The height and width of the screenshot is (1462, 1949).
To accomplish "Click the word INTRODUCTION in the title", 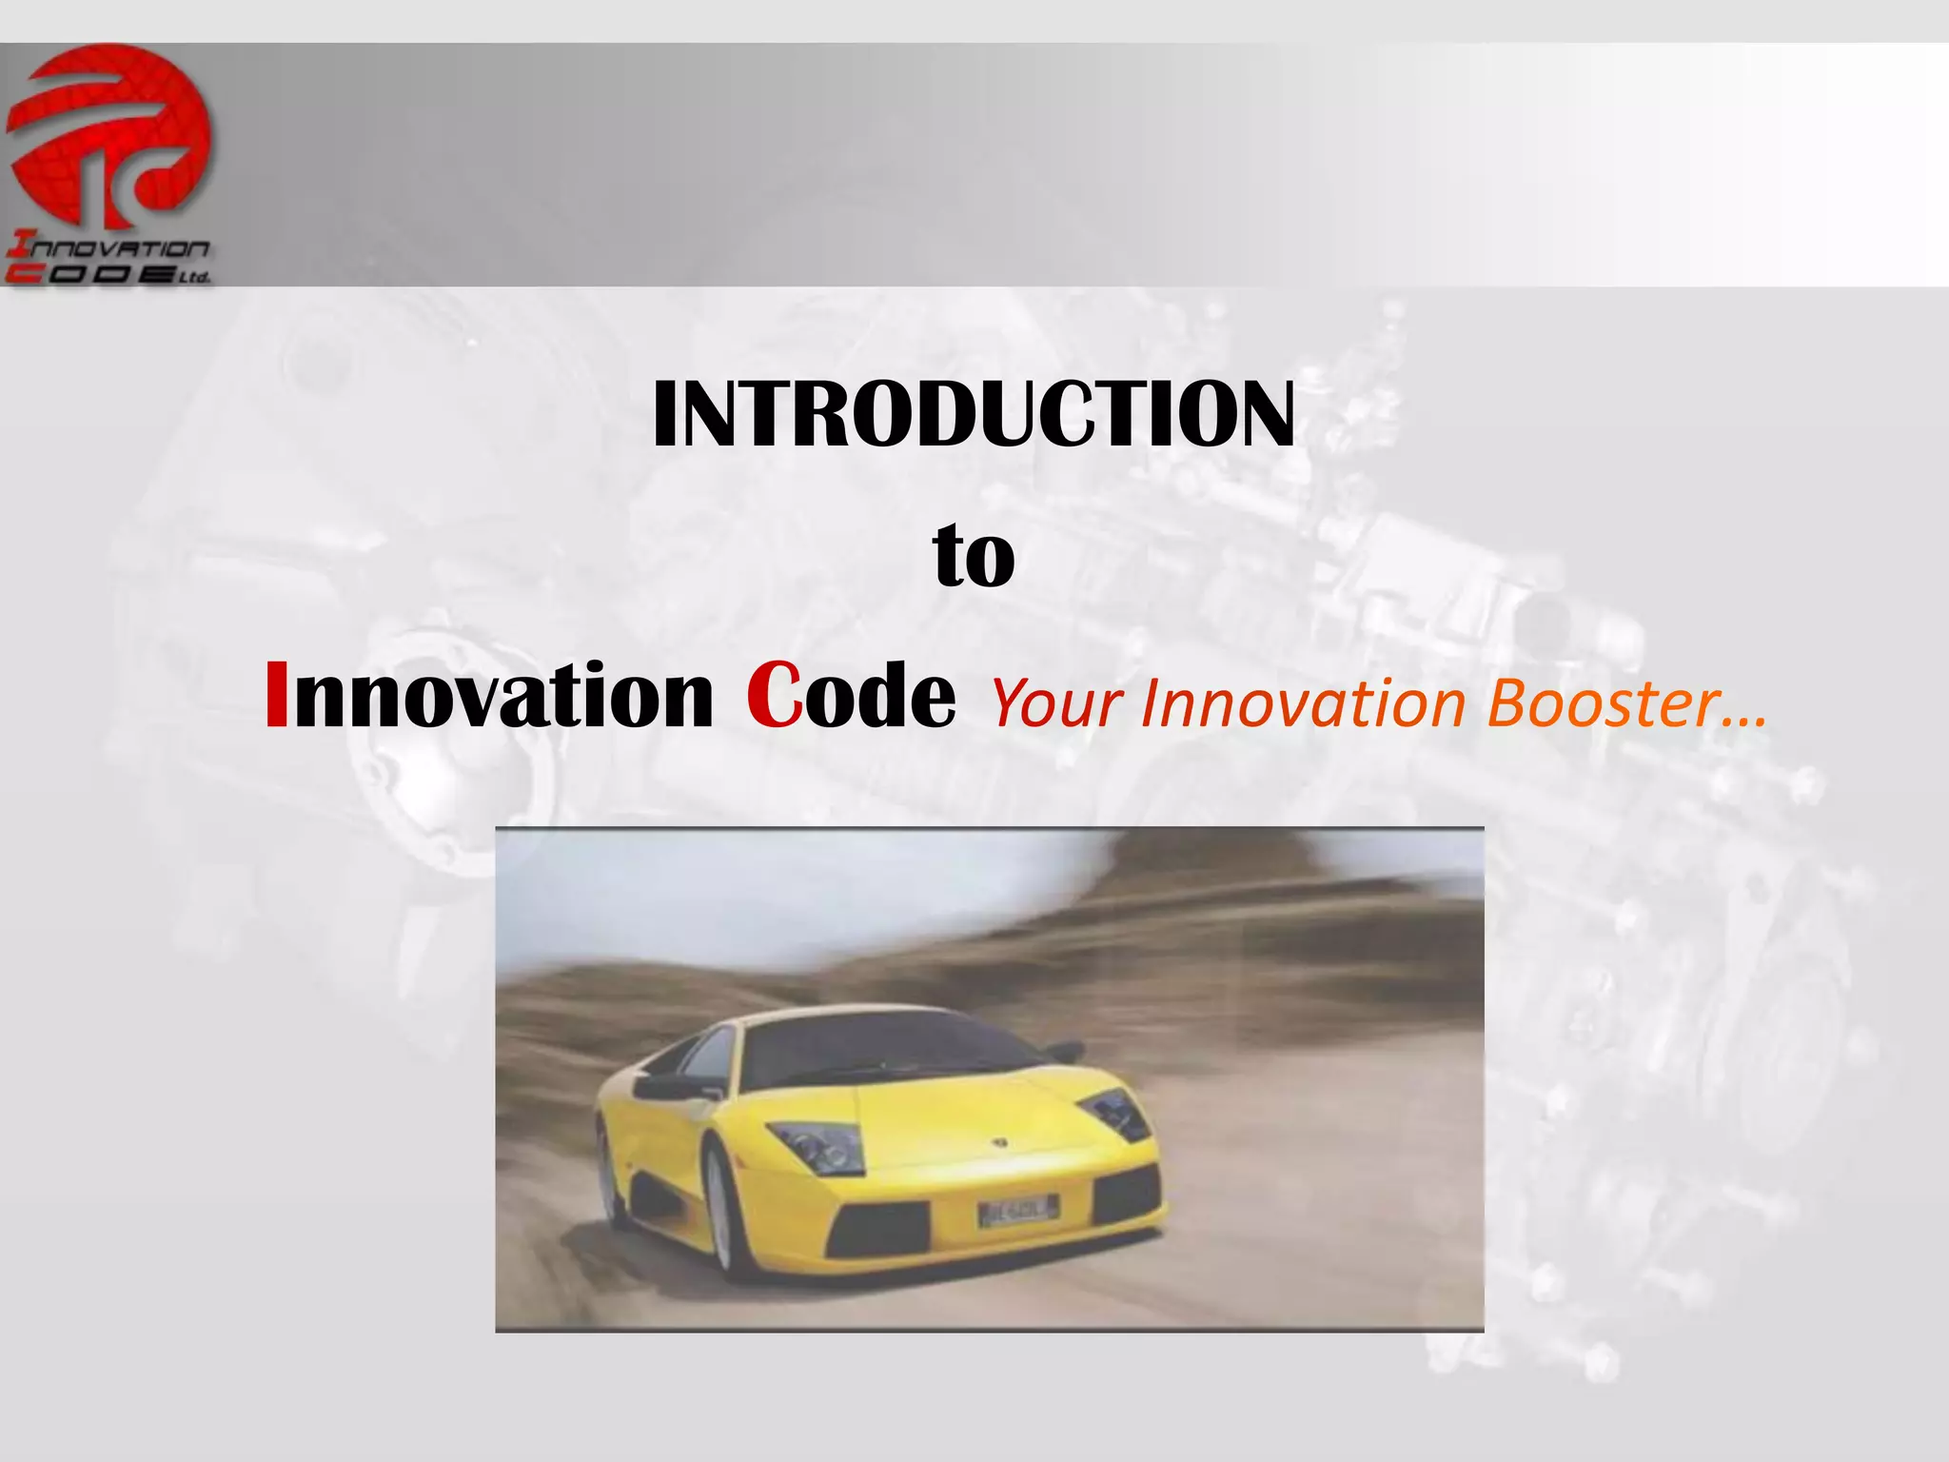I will pos(973,415).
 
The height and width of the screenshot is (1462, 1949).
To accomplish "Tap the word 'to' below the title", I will pos(974,557).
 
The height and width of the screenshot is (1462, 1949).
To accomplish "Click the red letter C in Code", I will pos(774,696).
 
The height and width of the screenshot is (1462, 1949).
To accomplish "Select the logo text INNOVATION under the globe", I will pos(108,248).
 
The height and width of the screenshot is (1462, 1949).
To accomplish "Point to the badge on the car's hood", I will pos(1000,1140).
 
